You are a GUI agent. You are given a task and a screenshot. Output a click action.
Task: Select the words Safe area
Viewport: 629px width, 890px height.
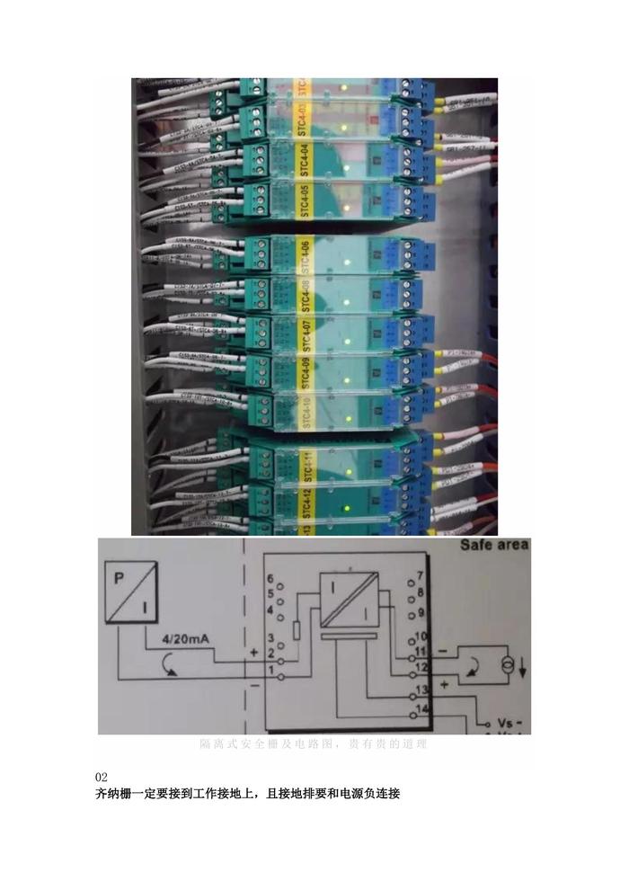pyautogui.click(x=495, y=545)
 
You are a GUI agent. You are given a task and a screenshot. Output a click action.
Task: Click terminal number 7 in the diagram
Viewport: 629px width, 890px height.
pyautogui.click(x=420, y=574)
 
